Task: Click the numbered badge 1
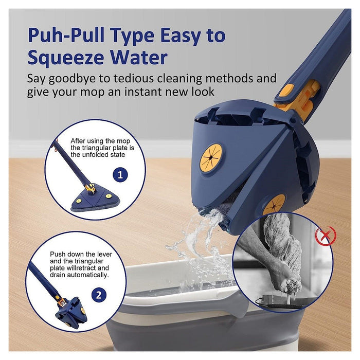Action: point(120,175)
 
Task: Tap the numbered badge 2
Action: point(99,295)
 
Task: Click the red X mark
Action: point(325,235)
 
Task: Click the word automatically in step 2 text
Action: point(87,275)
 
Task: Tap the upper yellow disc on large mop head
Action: point(211,157)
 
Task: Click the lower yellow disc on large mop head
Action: point(274,204)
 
